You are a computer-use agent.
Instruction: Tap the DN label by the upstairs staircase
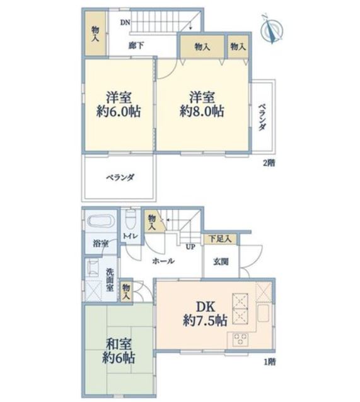pyautogui.click(x=125, y=23)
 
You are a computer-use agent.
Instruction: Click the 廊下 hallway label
pyautogui.click(x=136, y=45)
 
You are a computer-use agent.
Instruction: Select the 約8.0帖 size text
pyautogui.click(x=202, y=112)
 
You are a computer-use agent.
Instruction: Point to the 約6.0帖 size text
pyautogui.click(x=119, y=112)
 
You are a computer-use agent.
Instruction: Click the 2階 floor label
pyautogui.click(x=269, y=163)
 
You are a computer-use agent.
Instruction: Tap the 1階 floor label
pyautogui.click(x=270, y=362)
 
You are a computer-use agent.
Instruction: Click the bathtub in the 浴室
pyautogui.click(x=100, y=221)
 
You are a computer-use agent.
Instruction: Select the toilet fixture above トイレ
pyautogui.click(x=131, y=219)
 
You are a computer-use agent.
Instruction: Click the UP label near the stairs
pyautogui.click(x=190, y=247)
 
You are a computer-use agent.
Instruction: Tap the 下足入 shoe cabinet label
pyautogui.click(x=220, y=239)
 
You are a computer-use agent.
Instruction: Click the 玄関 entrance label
pyautogui.click(x=221, y=262)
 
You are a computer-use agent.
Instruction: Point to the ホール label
pyautogui.click(x=163, y=261)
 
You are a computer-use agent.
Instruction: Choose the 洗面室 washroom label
pyautogui.click(x=110, y=280)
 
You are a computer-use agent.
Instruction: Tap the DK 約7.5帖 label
pyautogui.click(x=205, y=313)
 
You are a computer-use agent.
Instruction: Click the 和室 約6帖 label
pyautogui.click(x=119, y=352)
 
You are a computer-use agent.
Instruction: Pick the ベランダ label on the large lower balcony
pyautogui.click(x=120, y=177)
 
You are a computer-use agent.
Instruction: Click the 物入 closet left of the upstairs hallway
pyautogui.click(x=95, y=33)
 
